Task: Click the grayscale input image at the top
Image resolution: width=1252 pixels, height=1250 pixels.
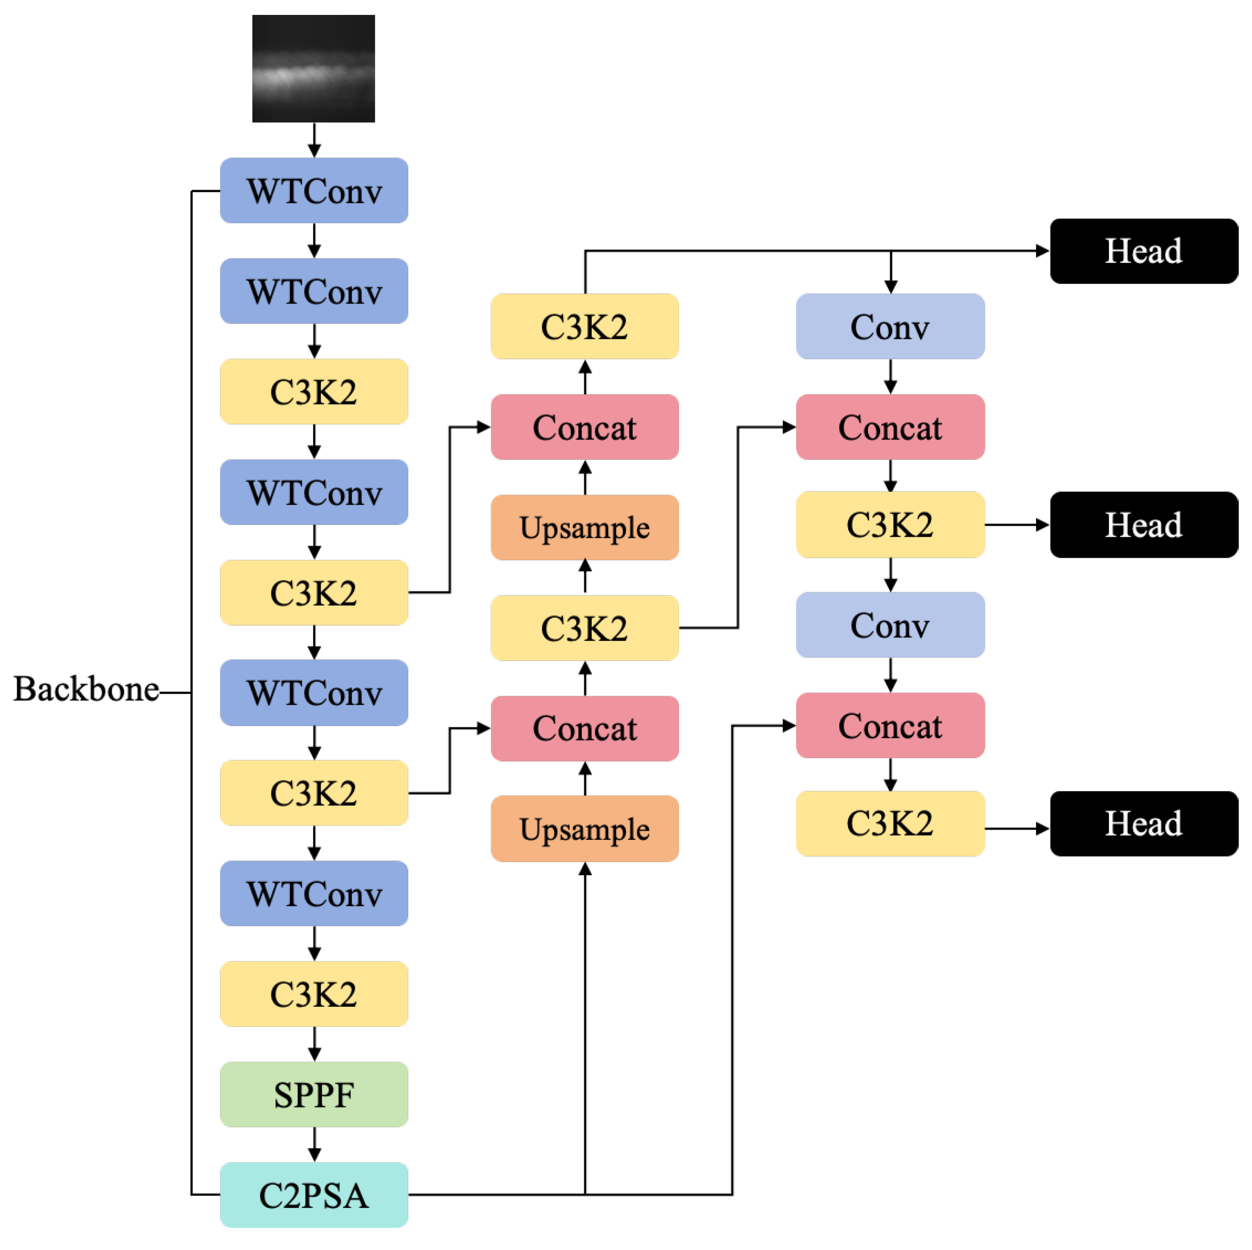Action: pyautogui.click(x=314, y=68)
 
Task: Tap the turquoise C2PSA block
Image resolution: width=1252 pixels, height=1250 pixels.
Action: pyautogui.click(x=314, y=1195)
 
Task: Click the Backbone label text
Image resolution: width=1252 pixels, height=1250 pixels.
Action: pyautogui.click(x=86, y=689)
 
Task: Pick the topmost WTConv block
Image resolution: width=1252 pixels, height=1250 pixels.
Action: pyautogui.click(x=314, y=191)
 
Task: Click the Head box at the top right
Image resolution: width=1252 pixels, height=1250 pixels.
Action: pyautogui.click(x=1144, y=251)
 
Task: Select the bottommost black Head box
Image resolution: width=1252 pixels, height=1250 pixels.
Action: pyautogui.click(x=1144, y=823)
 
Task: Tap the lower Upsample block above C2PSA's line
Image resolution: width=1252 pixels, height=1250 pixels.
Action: pyautogui.click(x=585, y=829)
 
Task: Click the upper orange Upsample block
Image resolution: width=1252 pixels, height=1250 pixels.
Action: pyautogui.click(x=585, y=528)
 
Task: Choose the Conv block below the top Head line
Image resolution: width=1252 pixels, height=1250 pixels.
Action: pyautogui.click(x=890, y=326)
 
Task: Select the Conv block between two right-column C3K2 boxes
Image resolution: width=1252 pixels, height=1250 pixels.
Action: pyautogui.click(x=890, y=624)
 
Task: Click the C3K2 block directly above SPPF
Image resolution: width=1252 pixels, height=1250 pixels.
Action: pyautogui.click(x=314, y=994)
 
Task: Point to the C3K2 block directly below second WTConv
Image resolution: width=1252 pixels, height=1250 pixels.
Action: pyautogui.click(x=314, y=391)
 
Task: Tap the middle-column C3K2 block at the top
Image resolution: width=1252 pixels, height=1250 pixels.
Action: pyautogui.click(x=585, y=326)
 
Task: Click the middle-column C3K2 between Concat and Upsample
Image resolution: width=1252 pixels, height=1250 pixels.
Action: pyautogui.click(x=585, y=628)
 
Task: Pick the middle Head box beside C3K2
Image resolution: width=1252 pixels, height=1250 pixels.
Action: pyautogui.click(x=1144, y=525)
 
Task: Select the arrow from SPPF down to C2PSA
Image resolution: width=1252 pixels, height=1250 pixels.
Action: pyautogui.click(x=314, y=1144)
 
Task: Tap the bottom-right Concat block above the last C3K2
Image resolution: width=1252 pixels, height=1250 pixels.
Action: pyautogui.click(x=890, y=725)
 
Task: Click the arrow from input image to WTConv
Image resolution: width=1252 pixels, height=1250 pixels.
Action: pyautogui.click(x=314, y=139)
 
